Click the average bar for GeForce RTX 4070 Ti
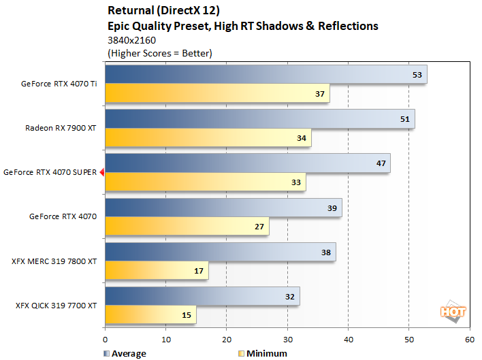[x=266, y=75]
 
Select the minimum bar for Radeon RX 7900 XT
[x=208, y=137]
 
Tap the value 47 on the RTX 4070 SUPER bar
[x=381, y=163]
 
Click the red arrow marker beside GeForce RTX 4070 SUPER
[x=101, y=173]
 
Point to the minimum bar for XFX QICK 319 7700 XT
[x=150, y=314]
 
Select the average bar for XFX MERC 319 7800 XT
[x=220, y=252]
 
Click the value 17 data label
[x=198, y=270]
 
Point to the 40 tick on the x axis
[x=348, y=338]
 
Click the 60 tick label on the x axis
[x=469, y=338]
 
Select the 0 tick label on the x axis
[x=106, y=338]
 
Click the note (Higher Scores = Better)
[x=160, y=52]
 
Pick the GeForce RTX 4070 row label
[x=63, y=217]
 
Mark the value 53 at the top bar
[x=417, y=75]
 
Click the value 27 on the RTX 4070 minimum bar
[x=259, y=226]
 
